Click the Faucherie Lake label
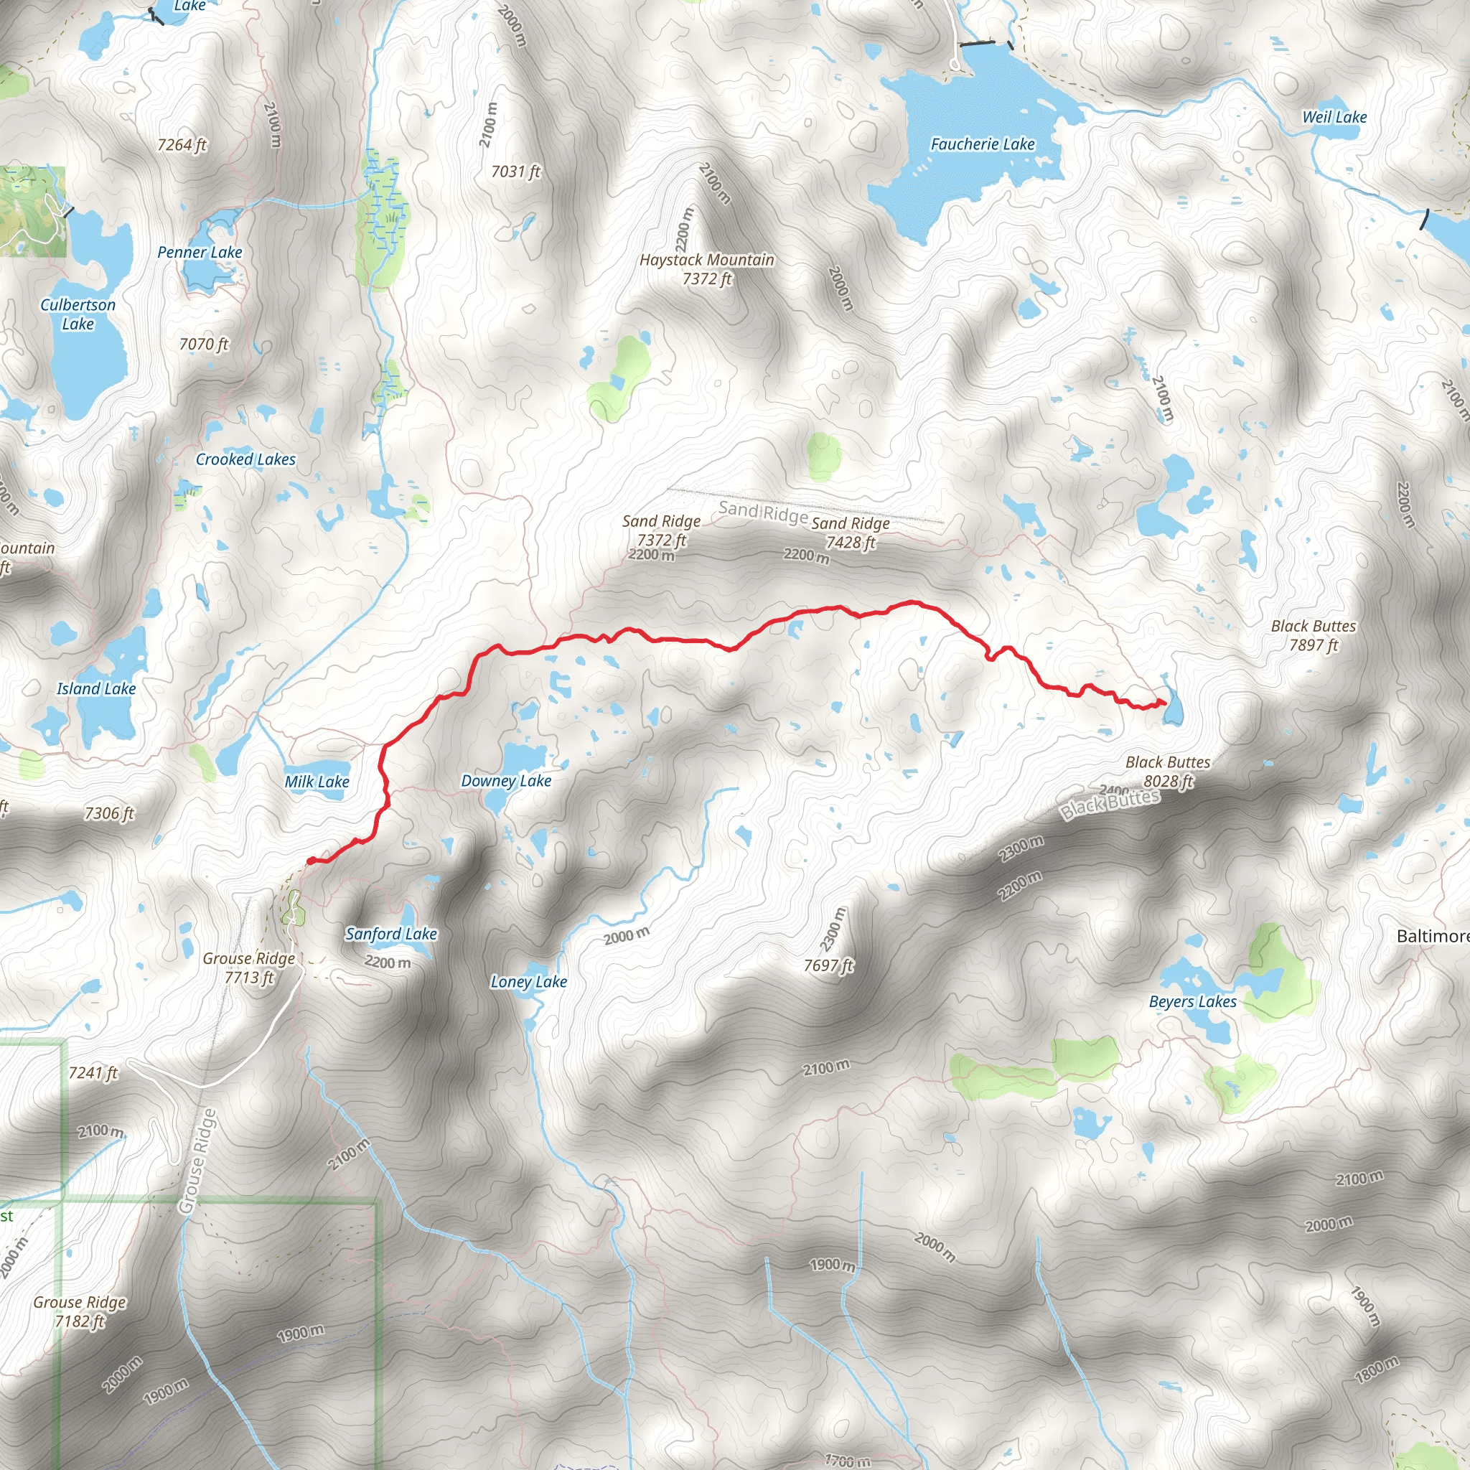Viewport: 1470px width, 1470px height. tap(983, 144)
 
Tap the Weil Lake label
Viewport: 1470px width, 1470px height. tap(1334, 117)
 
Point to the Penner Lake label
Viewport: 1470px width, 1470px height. tap(200, 253)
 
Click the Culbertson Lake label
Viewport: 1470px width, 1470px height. tap(78, 314)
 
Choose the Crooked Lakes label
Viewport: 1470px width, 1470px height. tap(245, 459)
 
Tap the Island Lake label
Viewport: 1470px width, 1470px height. tap(96, 688)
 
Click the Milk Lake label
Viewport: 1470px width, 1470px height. tap(317, 782)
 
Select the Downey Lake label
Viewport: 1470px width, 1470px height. tap(506, 781)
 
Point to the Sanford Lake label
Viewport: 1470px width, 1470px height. tap(391, 934)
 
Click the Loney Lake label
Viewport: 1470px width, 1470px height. tap(529, 981)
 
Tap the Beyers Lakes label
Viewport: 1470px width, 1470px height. tap(1192, 1001)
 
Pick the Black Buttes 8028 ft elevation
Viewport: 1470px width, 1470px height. tap(1169, 782)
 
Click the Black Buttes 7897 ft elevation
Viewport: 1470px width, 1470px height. tap(1314, 645)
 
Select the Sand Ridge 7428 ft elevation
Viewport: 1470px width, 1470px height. tap(851, 543)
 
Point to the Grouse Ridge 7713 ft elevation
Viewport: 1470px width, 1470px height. tap(250, 978)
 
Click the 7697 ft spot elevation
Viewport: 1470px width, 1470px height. tap(828, 965)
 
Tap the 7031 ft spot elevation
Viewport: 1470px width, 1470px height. tap(516, 172)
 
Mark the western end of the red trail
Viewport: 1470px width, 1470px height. tap(309, 861)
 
